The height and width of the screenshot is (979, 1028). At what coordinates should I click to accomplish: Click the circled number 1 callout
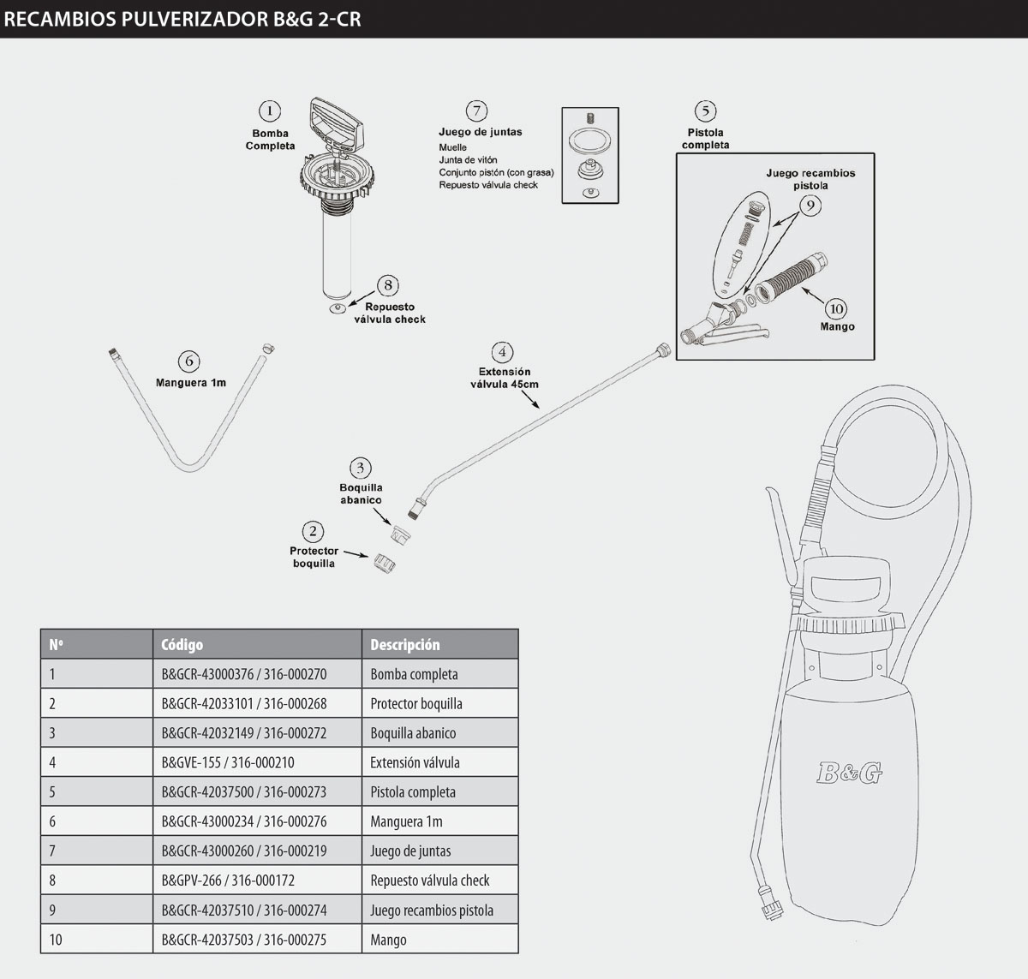coord(270,111)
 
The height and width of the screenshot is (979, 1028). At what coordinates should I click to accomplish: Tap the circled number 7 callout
coord(476,110)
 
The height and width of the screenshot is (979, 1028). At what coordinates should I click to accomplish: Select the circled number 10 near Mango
coord(835,308)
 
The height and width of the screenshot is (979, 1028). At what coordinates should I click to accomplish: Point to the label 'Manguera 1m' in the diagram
coord(191,383)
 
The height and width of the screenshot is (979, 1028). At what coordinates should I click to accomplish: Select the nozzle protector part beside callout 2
coord(383,562)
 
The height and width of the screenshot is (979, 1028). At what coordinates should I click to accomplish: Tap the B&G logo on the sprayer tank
coord(848,773)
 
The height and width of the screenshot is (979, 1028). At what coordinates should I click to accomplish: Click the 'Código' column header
coord(182,644)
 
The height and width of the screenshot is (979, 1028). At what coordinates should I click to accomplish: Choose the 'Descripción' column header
coord(404,644)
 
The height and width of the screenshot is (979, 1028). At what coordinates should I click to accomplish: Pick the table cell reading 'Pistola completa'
coord(413,792)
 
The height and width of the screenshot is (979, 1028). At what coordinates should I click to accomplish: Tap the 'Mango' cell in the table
coord(388,940)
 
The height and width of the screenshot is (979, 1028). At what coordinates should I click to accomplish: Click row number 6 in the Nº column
coord(52,821)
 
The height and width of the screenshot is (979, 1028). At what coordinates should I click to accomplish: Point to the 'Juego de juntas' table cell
coord(410,851)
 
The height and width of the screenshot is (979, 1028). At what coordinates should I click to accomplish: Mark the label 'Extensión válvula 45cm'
coord(505,378)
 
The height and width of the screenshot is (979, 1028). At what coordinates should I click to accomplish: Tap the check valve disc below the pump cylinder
coord(338,307)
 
